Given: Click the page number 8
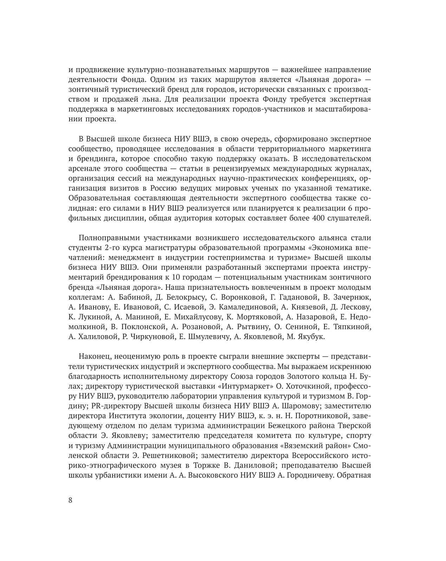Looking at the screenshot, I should (x=71, y=501).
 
